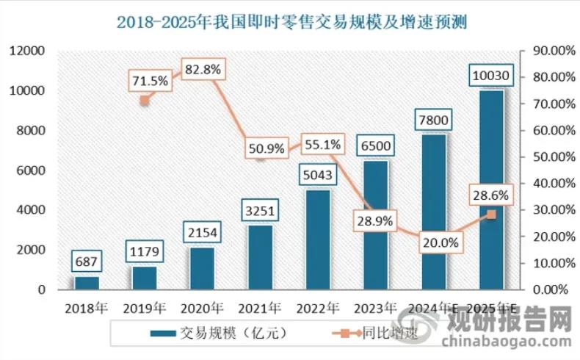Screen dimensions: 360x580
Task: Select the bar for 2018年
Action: pyautogui.click(x=87, y=283)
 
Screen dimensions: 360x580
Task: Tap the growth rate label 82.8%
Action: pyautogui.click(x=201, y=70)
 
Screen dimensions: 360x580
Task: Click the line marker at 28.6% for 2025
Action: pyautogui.click(x=491, y=215)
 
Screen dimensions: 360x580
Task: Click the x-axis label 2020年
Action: pyautogui.click(x=203, y=307)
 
